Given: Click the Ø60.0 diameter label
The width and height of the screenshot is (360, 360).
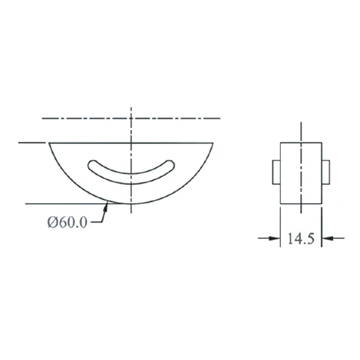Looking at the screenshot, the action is coord(67,222).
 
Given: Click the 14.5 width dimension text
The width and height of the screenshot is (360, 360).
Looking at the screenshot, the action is coord(301,238).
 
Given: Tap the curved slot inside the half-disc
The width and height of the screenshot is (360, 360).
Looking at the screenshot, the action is coord(131,179).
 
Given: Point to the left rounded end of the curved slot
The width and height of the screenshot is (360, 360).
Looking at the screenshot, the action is coord(91,166).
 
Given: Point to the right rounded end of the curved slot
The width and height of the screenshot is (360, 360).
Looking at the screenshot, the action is coord(171,165).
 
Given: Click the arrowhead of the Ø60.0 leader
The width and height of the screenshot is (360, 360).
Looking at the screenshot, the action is coord(106,206).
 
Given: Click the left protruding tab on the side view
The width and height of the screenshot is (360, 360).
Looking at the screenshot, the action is coord(276,172).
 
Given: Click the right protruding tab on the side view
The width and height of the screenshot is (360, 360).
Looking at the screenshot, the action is coord(325,172).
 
